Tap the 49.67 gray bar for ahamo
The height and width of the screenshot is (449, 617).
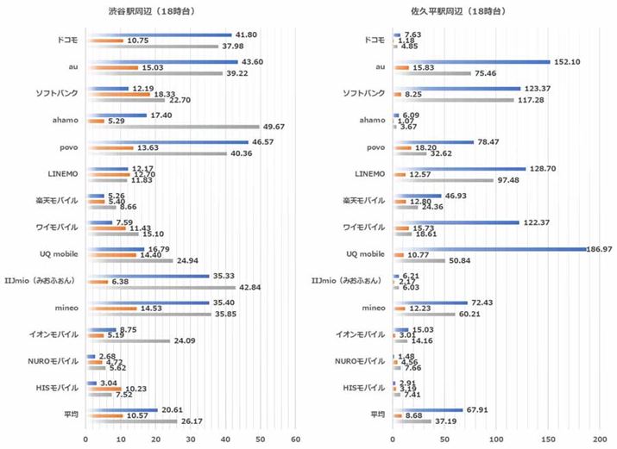[x=173, y=127]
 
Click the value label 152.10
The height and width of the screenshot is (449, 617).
[x=568, y=61]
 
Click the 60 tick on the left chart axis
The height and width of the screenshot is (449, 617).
[x=295, y=440]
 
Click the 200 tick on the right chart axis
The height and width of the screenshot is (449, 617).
[x=601, y=440]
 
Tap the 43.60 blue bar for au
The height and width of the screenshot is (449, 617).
[x=161, y=61]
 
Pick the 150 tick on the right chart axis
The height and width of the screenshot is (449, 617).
[x=549, y=440]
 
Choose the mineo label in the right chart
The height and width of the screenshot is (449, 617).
[x=371, y=309]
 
